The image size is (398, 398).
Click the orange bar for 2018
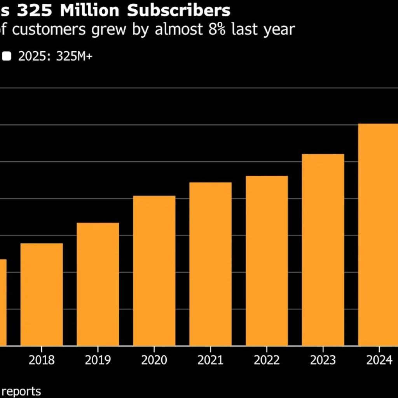tap(42, 294)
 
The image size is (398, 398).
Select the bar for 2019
tap(98, 284)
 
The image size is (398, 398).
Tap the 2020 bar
tap(154, 271)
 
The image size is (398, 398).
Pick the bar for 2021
tap(210, 264)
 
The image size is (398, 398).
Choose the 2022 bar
tap(267, 260)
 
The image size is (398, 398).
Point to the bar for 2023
tap(323, 250)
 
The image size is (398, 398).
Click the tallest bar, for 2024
tap(378, 234)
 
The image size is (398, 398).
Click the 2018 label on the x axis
tap(42, 360)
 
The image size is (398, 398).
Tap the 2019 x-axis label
tap(98, 360)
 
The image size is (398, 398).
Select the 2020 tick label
tap(154, 360)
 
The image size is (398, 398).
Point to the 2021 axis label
tap(210, 360)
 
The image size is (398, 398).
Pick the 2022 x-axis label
tap(267, 360)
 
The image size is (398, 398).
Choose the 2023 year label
tap(323, 360)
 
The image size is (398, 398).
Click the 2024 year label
tap(379, 360)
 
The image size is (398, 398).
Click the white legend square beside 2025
tap(7, 57)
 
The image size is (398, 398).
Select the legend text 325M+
tap(74, 57)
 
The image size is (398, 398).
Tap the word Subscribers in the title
tap(179, 11)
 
